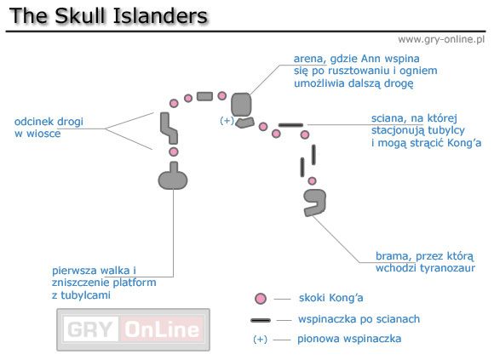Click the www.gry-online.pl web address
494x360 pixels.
coord(441,39)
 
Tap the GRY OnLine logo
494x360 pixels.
coord(133,329)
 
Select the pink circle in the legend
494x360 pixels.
coord(261,299)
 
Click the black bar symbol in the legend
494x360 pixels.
coord(261,320)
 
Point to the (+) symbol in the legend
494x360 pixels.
coord(261,340)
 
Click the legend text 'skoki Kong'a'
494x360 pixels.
coord(331,299)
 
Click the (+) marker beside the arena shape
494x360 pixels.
coord(227,121)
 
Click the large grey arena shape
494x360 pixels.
coord(241,104)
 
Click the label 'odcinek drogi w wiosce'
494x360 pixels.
coord(49,128)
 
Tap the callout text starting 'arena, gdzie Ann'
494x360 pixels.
coord(353,71)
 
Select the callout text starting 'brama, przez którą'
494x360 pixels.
coord(430,262)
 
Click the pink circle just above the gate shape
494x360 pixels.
coord(313,181)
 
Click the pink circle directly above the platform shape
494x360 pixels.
coord(174,151)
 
